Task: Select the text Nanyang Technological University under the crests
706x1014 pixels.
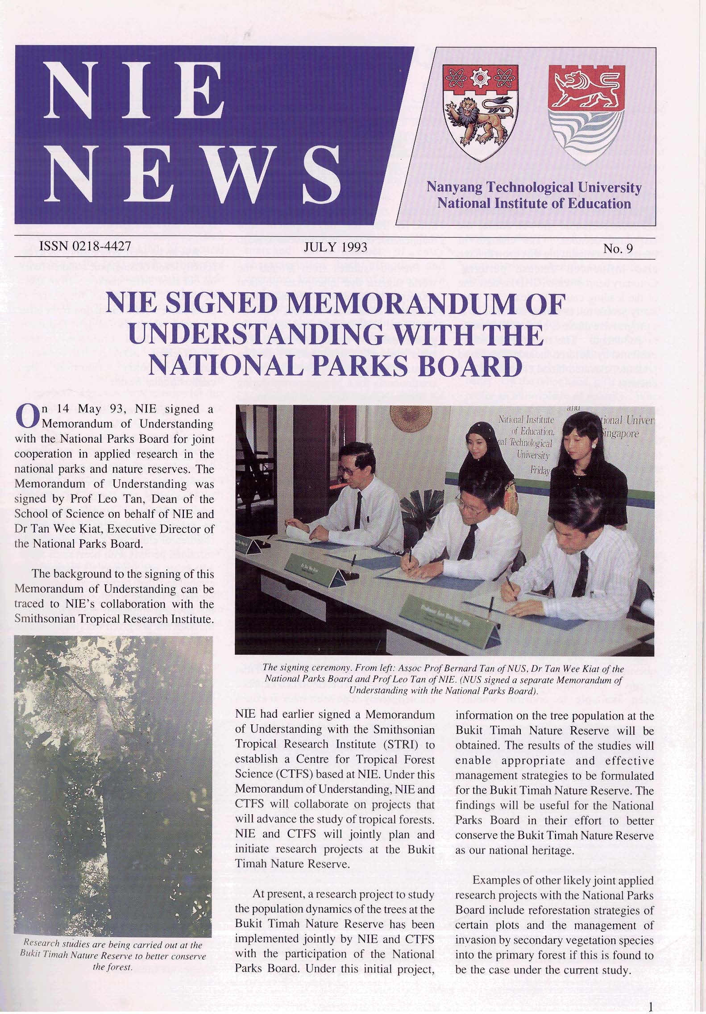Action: [x=534, y=188]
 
